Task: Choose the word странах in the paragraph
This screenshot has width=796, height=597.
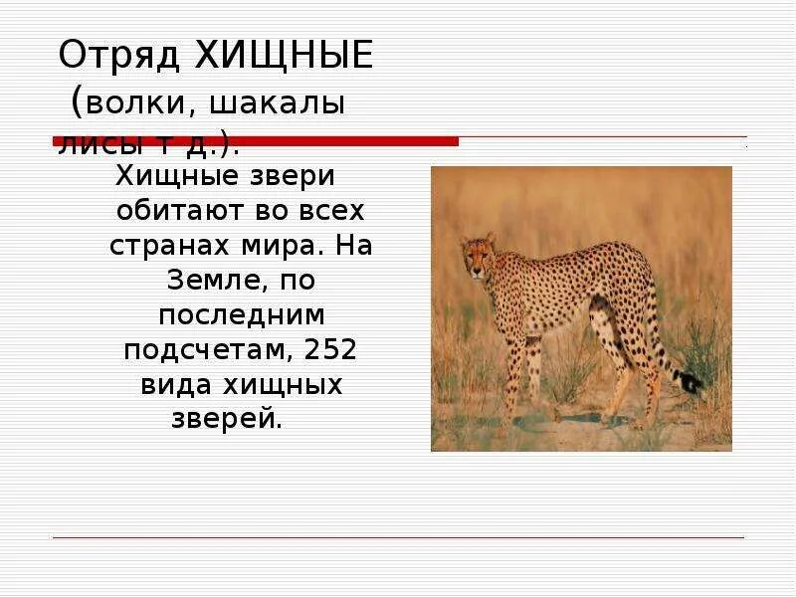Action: pyautogui.click(x=166, y=247)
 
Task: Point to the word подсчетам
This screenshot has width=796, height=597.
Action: pyautogui.click(x=206, y=350)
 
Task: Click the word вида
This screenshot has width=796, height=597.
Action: pyautogui.click(x=172, y=385)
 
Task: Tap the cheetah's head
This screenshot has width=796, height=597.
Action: pyautogui.click(x=478, y=256)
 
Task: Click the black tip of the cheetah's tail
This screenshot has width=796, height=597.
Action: pyautogui.click(x=689, y=381)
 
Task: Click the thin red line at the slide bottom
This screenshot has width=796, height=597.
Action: pyautogui.click(x=398, y=538)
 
